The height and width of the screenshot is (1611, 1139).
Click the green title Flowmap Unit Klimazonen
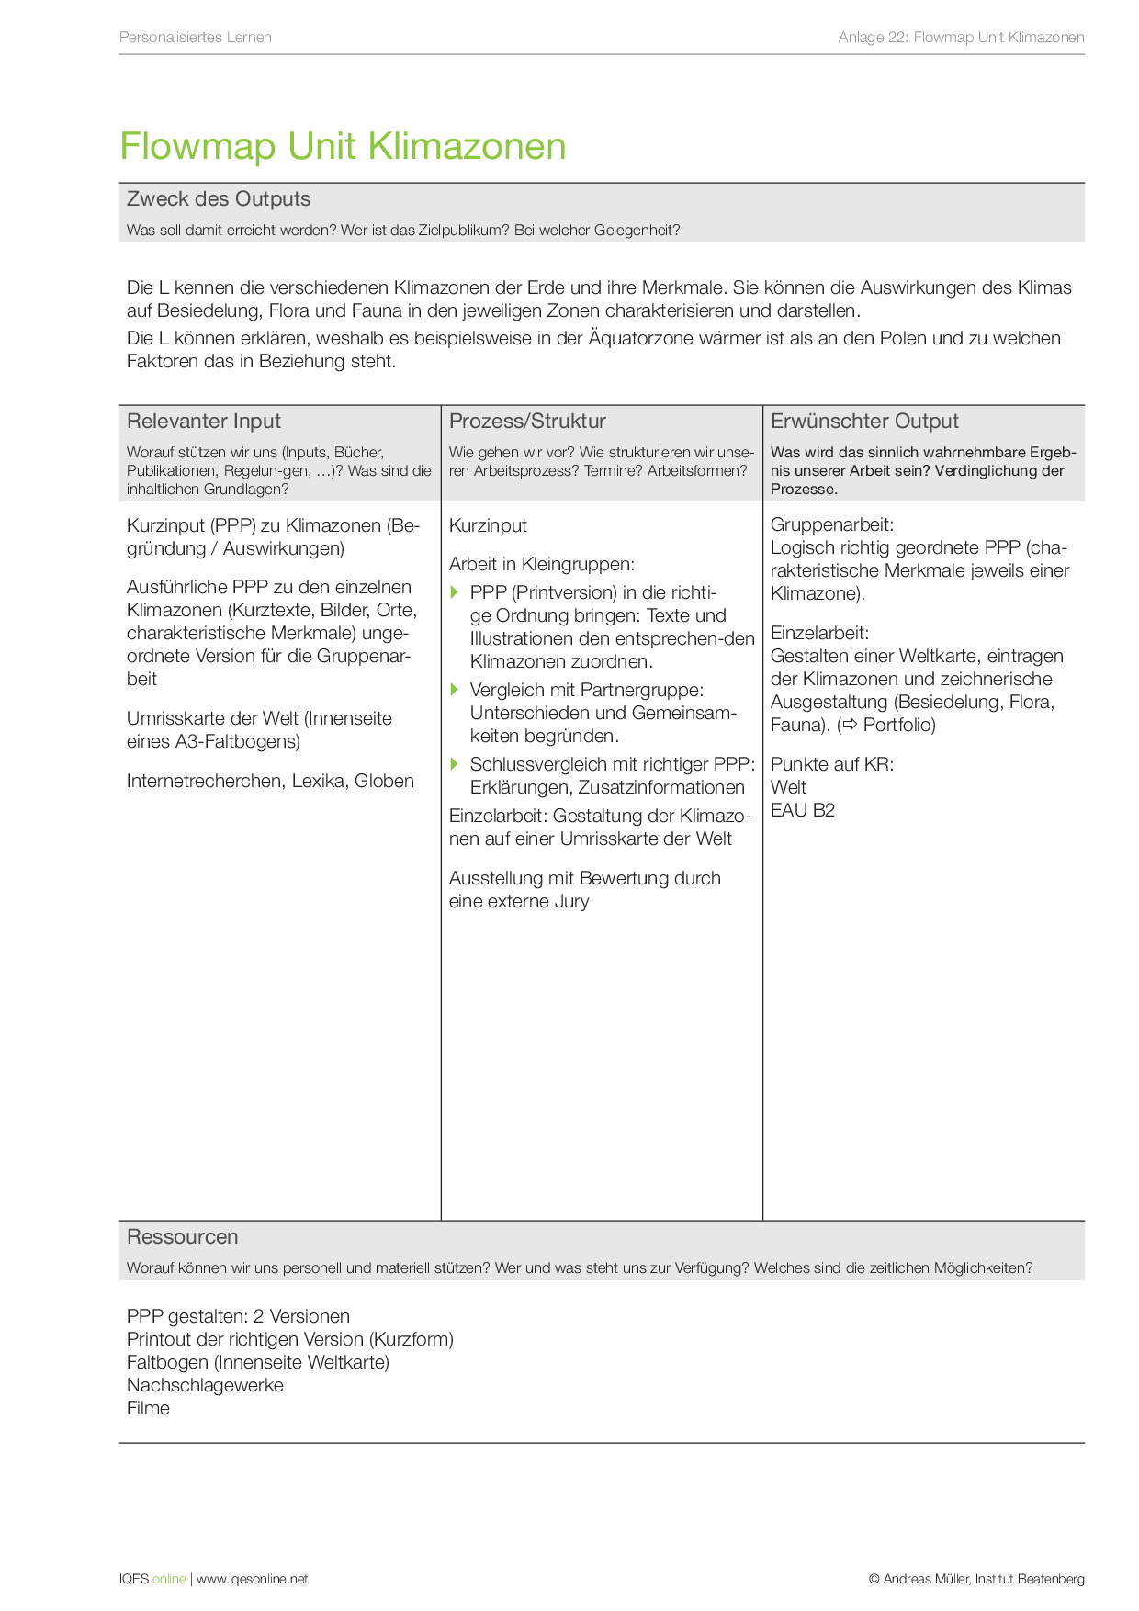(x=343, y=147)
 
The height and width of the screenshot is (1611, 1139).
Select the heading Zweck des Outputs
(x=219, y=199)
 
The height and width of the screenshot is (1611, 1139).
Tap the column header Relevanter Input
(x=204, y=422)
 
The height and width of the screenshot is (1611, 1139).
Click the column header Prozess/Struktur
(x=527, y=422)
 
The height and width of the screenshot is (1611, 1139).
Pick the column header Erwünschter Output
(x=864, y=422)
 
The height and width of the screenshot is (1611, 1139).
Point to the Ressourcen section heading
(x=183, y=1237)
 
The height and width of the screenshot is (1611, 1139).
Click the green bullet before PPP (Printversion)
(x=454, y=592)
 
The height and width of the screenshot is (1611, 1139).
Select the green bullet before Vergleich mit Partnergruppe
(x=454, y=690)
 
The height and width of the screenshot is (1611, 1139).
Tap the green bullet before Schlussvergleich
(x=454, y=764)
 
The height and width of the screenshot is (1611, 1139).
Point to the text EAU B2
(x=803, y=810)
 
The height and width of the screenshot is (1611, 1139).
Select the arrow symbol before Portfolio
(x=850, y=726)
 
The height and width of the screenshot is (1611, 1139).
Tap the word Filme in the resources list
(x=149, y=1409)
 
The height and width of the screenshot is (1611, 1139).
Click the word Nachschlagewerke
(x=205, y=1386)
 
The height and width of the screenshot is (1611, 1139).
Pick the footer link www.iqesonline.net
(x=252, y=1580)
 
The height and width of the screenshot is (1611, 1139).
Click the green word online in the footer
(x=169, y=1580)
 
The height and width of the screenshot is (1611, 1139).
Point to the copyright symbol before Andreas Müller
(x=874, y=1580)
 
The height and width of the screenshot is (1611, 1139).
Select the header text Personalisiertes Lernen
(x=196, y=38)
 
